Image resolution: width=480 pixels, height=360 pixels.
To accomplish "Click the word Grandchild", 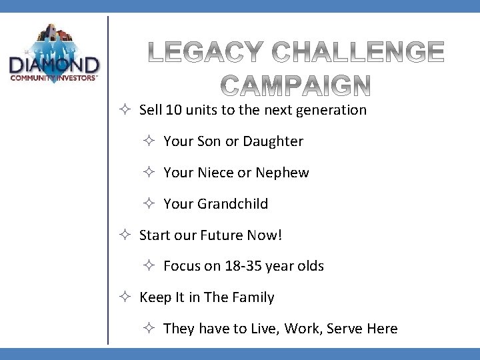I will point(233,204).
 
